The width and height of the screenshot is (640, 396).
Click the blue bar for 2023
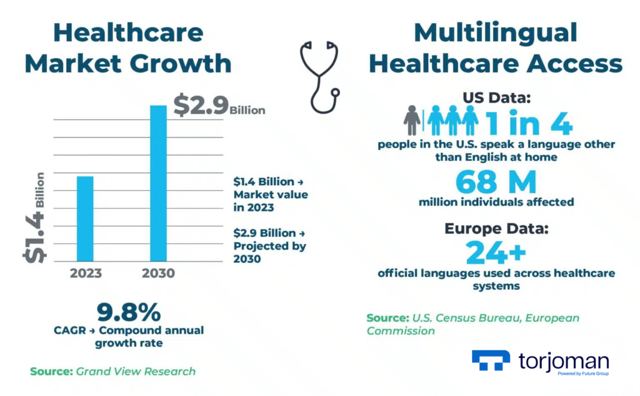tap(84, 218)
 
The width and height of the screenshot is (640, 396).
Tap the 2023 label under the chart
tap(86, 273)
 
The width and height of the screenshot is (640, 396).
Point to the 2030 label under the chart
tap(158, 273)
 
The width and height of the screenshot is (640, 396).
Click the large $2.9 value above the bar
tap(201, 106)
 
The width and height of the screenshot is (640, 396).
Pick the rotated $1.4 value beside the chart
tap(34, 234)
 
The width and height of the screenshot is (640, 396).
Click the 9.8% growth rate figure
tap(129, 312)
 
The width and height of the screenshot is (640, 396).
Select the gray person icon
tap(412, 120)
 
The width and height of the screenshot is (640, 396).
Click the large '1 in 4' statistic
tap(529, 123)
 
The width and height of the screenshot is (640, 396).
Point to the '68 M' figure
tap(496, 182)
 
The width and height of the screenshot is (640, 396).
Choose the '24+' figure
tap(496, 253)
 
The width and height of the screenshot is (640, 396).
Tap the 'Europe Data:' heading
tap(496, 228)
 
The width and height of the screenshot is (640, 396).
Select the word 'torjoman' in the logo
tap(563, 360)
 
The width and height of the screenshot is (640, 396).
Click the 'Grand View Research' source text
tap(136, 372)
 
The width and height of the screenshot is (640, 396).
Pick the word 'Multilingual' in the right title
tap(496, 33)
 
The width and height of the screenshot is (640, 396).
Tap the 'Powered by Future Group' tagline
tap(582, 373)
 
